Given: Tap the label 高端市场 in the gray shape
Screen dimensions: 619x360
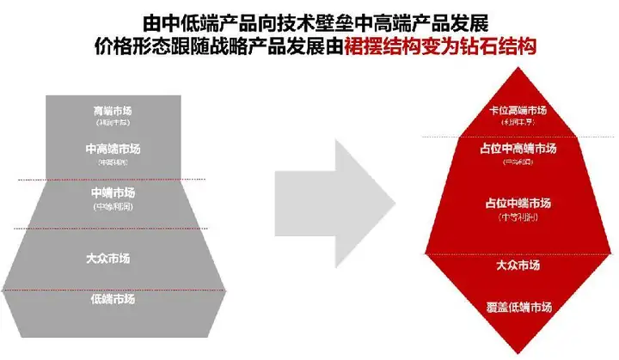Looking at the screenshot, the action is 113,112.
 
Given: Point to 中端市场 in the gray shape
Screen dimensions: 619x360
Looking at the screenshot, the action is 113,192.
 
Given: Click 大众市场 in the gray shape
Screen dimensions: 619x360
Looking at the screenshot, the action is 113,257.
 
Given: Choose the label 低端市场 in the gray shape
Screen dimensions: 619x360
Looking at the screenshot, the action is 113,299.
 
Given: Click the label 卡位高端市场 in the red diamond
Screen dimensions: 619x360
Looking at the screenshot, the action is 518,110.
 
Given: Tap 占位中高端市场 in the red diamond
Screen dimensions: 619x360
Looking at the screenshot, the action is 518,149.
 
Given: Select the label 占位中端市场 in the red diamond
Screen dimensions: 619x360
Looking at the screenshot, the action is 518,203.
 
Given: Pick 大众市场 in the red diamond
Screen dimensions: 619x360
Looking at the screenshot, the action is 518,265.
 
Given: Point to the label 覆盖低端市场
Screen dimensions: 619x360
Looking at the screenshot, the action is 518,307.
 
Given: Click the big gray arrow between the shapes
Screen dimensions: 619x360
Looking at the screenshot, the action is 334,203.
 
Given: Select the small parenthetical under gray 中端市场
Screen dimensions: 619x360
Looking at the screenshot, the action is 113,206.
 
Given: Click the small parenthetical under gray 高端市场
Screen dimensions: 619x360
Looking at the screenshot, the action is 113,125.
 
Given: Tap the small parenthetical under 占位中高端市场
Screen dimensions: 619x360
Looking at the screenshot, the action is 518,162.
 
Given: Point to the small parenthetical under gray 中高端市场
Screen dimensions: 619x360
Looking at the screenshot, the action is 113,162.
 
